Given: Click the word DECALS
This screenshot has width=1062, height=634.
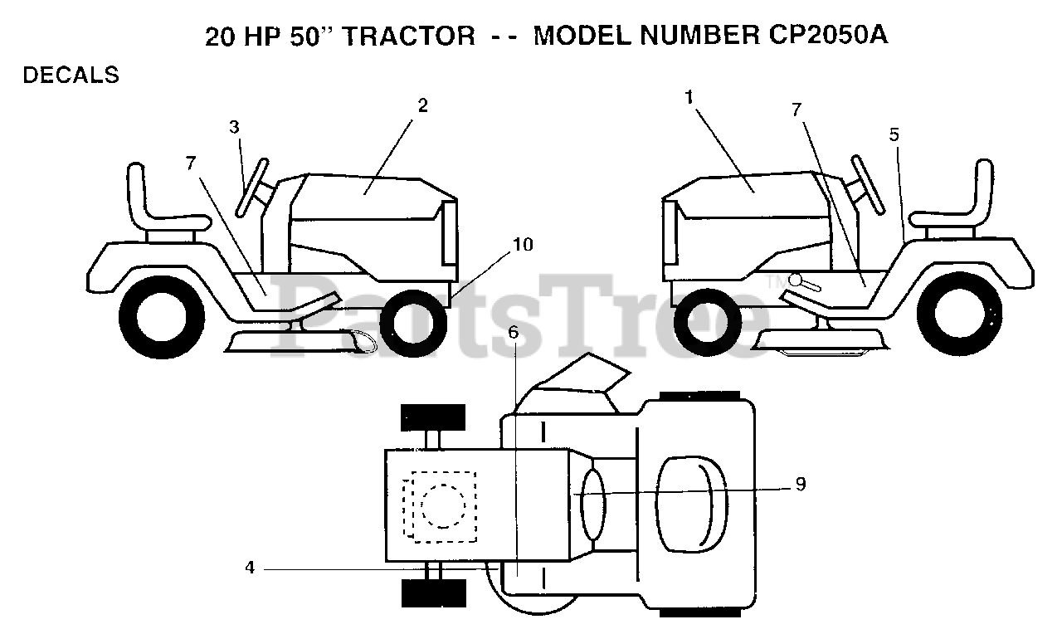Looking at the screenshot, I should click(71, 76).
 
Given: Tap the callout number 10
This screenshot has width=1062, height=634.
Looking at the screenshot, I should click(523, 244).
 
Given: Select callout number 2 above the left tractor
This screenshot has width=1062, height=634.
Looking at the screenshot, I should click(422, 105).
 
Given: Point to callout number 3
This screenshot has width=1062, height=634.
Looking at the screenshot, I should click(235, 127).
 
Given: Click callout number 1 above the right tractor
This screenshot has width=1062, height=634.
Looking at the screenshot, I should click(689, 96).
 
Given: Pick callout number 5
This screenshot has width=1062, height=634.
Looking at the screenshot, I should click(894, 134).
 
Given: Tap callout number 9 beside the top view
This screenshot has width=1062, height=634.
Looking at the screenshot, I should click(800, 484).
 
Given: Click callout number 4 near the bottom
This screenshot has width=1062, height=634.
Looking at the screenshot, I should click(250, 568).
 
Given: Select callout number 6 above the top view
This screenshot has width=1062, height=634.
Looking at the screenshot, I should click(514, 333).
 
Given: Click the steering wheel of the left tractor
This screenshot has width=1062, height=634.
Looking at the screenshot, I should click(253, 187).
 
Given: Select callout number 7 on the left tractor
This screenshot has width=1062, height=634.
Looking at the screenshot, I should click(192, 163).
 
